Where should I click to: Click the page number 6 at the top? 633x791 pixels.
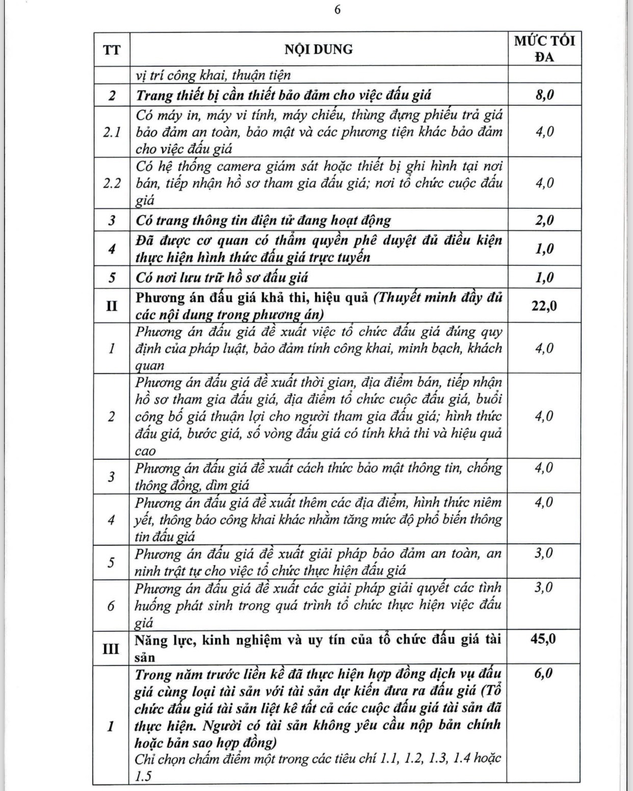pyautogui.click(x=337, y=11)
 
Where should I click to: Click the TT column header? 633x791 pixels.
pyautogui.click(x=112, y=50)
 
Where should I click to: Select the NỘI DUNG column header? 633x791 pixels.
pyautogui.click(x=319, y=49)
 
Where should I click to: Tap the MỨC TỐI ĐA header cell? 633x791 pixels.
pyautogui.click(x=544, y=49)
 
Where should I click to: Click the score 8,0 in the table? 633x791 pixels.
pyautogui.click(x=544, y=95)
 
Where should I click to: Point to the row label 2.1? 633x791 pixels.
pyautogui.click(x=112, y=132)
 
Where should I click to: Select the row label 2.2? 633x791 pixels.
pyautogui.click(x=112, y=183)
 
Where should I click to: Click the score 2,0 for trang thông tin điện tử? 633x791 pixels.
pyautogui.click(x=544, y=220)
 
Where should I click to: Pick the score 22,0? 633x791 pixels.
pyautogui.click(x=544, y=306)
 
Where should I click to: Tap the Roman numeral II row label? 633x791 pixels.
pyautogui.click(x=112, y=306)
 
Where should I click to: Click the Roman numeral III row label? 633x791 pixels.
pyautogui.click(x=112, y=648)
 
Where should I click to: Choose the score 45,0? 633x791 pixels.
pyautogui.click(x=543, y=639)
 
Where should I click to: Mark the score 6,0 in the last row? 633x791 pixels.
pyautogui.click(x=544, y=673)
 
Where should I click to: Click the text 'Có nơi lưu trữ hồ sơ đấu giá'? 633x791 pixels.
pyautogui.click(x=222, y=278)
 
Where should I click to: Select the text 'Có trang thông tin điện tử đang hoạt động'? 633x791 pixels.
pyautogui.click(x=263, y=220)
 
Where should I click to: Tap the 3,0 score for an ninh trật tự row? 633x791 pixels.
pyautogui.click(x=544, y=553)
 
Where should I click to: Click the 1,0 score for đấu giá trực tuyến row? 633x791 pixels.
pyautogui.click(x=544, y=249)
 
